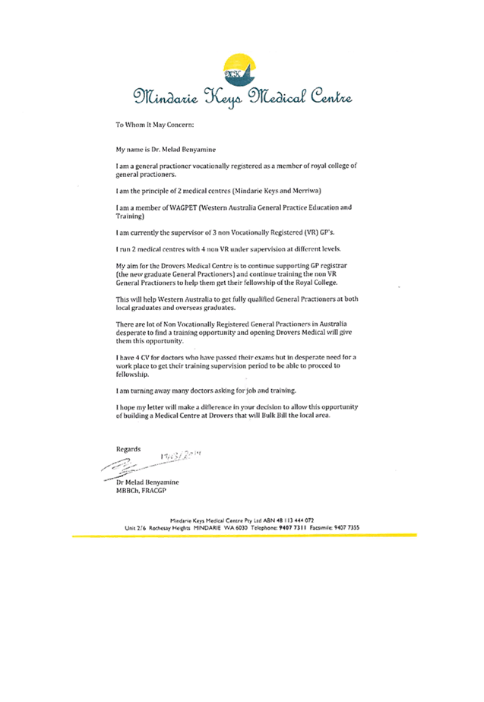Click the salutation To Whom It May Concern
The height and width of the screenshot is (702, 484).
[154, 124]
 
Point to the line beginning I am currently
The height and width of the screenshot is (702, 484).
[225, 232]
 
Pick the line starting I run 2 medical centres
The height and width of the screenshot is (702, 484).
[229, 249]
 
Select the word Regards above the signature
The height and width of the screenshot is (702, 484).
[128, 449]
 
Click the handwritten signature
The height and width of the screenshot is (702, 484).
[152, 463]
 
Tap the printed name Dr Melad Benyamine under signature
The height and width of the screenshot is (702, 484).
[147, 482]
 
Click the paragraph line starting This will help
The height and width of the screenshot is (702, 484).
[236, 299]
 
